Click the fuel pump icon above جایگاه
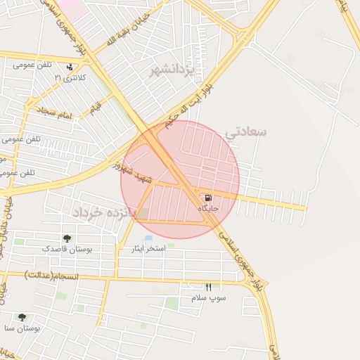click(x=207, y=198)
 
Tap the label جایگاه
click(x=208, y=209)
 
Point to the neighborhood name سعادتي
click(x=245, y=132)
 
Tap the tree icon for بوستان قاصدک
click(x=67, y=239)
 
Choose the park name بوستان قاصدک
click(x=65, y=249)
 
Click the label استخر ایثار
click(x=148, y=248)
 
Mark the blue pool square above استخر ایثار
click(x=148, y=238)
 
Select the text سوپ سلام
click(x=209, y=298)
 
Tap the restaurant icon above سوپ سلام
click(x=208, y=287)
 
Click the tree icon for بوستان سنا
click(x=22, y=318)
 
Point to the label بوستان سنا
click(x=21, y=328)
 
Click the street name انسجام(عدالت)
click(x=52, y=274)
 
